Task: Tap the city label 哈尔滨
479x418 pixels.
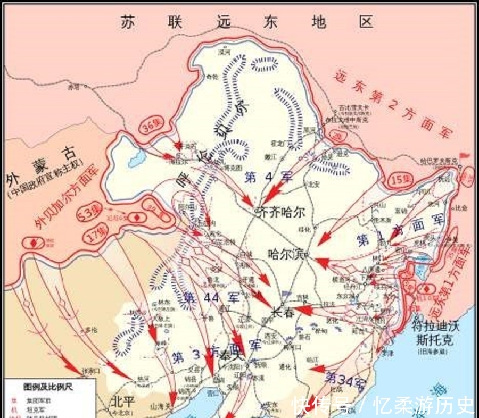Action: click(x=286, y=254)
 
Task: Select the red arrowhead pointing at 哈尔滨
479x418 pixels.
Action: click(x=319, y=261)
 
